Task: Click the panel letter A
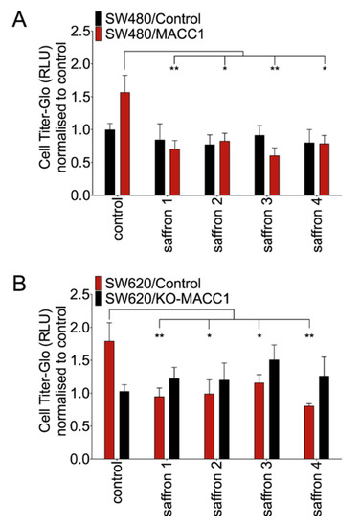19,20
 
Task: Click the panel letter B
19,284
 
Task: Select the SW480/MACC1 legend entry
149,34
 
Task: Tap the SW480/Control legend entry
148,18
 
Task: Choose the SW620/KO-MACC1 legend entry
162,298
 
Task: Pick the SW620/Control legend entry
148,283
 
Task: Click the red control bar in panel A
124,144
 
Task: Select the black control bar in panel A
110,162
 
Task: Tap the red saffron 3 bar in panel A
275,175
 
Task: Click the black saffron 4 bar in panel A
309,169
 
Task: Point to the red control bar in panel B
109,400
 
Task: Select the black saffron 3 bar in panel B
274,409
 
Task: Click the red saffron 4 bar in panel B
309,432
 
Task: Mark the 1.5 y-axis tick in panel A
81,97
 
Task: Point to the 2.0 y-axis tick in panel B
81,328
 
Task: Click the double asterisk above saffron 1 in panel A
174,69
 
